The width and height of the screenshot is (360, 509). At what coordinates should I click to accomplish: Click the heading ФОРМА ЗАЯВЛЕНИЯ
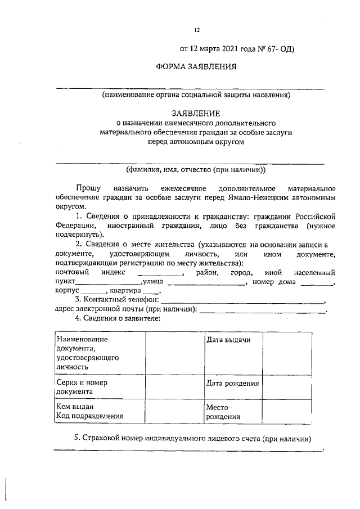(196, 67)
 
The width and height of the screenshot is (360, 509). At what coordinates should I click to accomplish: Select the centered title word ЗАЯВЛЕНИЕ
(196, 113)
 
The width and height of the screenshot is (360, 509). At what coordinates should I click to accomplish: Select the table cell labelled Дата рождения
(232, 384)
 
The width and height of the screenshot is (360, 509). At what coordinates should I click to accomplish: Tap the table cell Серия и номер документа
(99, 387)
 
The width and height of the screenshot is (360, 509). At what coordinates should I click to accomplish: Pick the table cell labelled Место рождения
(232, 412)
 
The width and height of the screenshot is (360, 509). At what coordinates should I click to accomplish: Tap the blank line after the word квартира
(151, 292)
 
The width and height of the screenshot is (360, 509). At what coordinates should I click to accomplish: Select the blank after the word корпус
(93, 292)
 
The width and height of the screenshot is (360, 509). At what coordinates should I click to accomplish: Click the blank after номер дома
(316, 283)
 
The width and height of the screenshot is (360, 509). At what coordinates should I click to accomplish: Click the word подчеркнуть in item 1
(78, 234)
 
